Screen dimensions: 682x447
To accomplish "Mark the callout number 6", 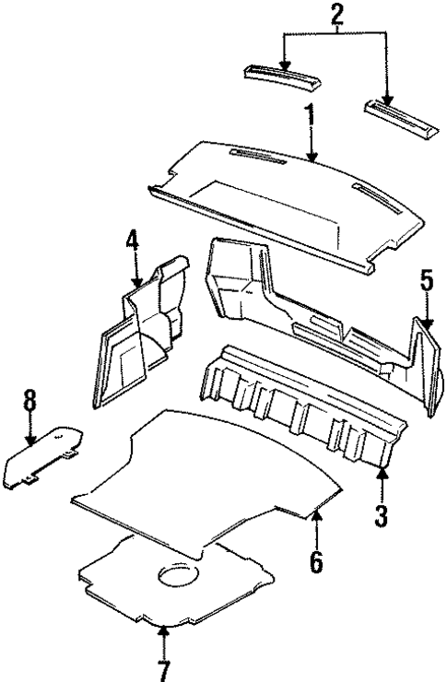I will pyautogui.click(x=316, y=560).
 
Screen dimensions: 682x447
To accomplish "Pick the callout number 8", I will pyautogui.click(x=29, y=402).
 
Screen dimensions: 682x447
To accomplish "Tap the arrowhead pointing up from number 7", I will pyautogui.click(x=163, y=631).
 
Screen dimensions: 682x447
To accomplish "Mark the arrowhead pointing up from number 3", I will pyautogui.click(x=382, y=475).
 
